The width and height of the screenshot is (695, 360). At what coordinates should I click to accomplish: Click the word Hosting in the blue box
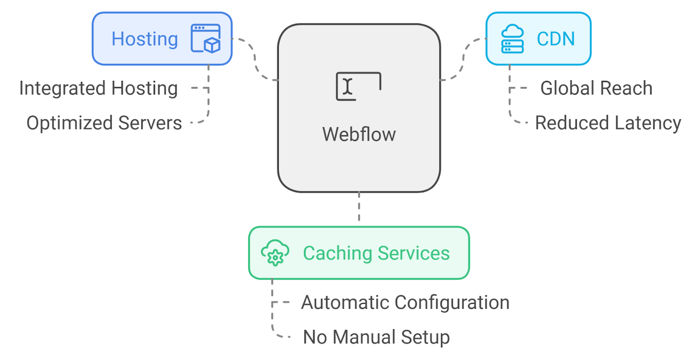[x=145, y=39]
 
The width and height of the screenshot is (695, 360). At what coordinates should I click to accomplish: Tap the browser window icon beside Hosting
[x=205, y=39]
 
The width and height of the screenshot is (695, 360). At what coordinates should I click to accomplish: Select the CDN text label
[x=556, y=39]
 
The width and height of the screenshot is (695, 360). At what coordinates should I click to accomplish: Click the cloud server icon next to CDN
[x=512, y=39]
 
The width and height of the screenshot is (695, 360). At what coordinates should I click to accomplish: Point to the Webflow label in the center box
[x=359, y=134]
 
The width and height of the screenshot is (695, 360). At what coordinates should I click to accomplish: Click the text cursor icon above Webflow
[x=358, y=86]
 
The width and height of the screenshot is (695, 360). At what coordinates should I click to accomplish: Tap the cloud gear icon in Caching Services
[x=275, y=253]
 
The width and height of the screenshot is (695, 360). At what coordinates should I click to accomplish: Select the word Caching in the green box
[x=337, y=253]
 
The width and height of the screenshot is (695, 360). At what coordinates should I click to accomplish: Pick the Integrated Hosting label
[x=99, y=88]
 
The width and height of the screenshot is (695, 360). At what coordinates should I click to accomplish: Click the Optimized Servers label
[x=104, y=123]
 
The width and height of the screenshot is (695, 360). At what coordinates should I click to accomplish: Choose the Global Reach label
[x=596, y=88]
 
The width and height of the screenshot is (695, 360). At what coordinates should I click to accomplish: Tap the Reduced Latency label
[x=608, y=123]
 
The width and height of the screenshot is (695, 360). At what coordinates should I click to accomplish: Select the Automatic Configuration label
[x=405, y=302]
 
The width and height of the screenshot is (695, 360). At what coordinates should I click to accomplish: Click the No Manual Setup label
[x=376, y=337]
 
